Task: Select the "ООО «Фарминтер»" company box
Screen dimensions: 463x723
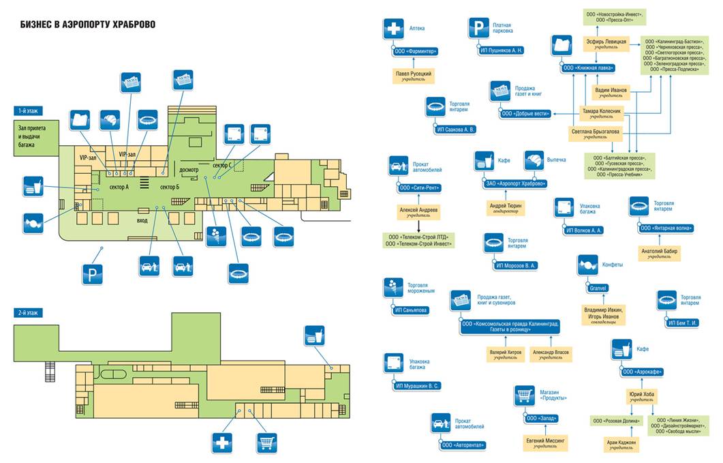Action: pyautogui.click(x=416, y=51)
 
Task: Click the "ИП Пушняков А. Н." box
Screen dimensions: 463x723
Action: pyautogui.click(x=497, y=51)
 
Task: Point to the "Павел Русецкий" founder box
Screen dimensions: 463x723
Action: pyautogui.click(x=413, y=76)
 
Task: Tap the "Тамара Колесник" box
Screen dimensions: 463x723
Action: pyautogui.click(x=600, y=110)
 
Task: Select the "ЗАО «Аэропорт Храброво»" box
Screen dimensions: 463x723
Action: pyautogui.click(x=516, y=183)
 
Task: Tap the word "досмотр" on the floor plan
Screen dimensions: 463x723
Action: pyautogui.click(x=188, y=169)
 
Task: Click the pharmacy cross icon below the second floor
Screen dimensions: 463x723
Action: pyautogui.click(x=223, y=442)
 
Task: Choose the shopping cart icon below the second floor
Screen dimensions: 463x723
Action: pyautogui.click(x=266, y=442)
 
